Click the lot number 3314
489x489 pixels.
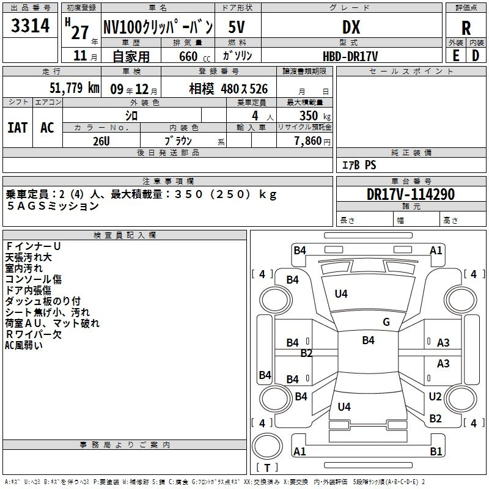pos(30,26)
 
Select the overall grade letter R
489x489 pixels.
pos(466,28)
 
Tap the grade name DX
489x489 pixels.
pos(351,27)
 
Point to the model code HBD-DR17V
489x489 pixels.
pos(350,57)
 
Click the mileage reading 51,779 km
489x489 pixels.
pos(75,87)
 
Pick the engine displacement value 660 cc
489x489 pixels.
pos(194,57)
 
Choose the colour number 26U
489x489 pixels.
pos(101,141)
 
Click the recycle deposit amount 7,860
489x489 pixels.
pos(308,141)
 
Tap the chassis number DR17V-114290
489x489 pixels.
pos(411,194)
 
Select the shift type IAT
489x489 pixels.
pos(18,128)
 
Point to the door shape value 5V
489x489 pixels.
pos(237,27)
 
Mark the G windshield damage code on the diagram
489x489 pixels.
pos(386,322)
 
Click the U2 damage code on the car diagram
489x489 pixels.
pos(435,396)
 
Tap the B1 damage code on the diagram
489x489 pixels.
pos(436,451)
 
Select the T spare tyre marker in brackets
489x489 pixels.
pos(267,468)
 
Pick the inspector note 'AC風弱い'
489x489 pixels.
pos(24,345)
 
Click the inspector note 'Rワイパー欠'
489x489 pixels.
pos(34,334)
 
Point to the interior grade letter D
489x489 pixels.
pos(476,56)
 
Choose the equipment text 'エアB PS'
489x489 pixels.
pos(359,165)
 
